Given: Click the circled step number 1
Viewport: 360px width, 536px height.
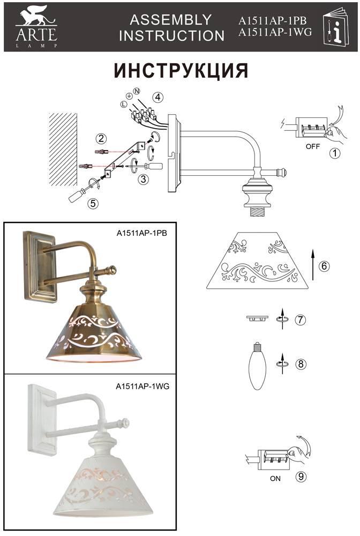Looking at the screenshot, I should click(334, 154).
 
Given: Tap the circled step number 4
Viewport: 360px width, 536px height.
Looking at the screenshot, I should click(157, 98).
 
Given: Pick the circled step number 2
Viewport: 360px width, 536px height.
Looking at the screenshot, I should click(101, 138).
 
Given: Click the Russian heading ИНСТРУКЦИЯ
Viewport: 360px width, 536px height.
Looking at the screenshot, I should click(181, 71).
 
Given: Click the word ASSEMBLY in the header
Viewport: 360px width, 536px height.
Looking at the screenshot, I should click(171, 20).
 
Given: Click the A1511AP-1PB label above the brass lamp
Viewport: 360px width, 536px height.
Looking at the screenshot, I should click(138, 233).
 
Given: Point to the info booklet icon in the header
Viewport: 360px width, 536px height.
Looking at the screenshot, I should click(336, 27).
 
